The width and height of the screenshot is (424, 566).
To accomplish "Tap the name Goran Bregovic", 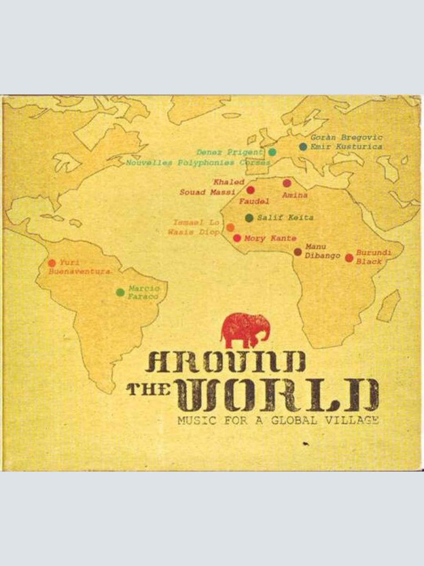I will tap(347, 138).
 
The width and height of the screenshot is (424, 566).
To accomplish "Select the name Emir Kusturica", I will tap(347, 147).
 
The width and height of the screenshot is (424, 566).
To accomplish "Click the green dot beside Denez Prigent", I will tap(272, 152).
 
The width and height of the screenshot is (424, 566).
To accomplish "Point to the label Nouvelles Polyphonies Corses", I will tap(198, 163).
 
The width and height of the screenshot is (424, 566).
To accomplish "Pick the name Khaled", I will tap(229, 183).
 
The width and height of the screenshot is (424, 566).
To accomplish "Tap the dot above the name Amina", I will tap(287, 183).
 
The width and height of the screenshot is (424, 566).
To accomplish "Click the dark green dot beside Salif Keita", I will tap(249, 218).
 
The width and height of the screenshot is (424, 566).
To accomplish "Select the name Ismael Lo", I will tap(196, 223).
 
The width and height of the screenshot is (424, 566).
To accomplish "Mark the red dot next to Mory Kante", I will tap(237, 238).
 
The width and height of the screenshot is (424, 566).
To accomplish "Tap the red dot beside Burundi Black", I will tap(349, 258).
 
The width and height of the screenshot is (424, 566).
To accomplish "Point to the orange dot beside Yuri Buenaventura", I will tap(52, 263).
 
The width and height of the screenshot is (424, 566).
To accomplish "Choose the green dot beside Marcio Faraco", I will tap(120, 292).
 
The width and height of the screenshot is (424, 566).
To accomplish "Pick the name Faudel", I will tap(254, 202).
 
